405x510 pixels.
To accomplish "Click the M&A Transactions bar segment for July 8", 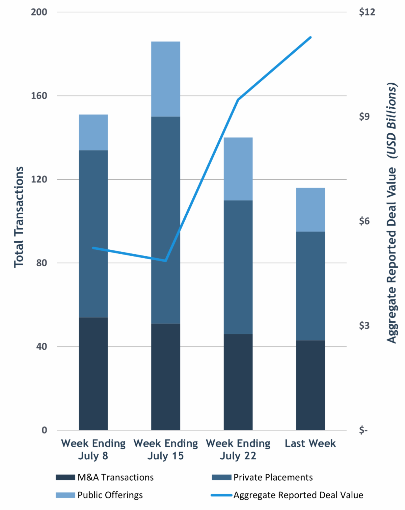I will [x=93, y=374].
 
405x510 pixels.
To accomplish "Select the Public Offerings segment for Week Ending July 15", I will [x=165, y=79].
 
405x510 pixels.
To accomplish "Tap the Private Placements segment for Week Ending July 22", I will [x=238, y=267].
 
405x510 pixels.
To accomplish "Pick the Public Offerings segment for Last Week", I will [x=310, y=210].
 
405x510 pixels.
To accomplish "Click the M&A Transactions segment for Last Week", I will [x=310, y=385].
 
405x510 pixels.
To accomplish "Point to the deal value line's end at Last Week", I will [x=310, y=37].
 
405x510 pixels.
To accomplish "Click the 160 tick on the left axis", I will [x=39, y=96].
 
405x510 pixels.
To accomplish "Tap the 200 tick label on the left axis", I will [x=39, y=12].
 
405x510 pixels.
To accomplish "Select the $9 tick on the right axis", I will [x=364, y=117].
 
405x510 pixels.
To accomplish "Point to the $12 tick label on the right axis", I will [x=367, y=12].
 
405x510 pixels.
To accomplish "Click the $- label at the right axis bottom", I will [x=363, y=430].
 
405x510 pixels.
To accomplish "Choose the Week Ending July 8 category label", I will [x=93, y=449].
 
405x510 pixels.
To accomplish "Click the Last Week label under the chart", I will [x=310, y=443].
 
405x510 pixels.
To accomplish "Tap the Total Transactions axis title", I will [x=19, y=217].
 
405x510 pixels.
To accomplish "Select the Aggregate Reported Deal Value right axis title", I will [x=391, y=213].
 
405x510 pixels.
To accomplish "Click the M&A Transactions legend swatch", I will [x=65, y=477].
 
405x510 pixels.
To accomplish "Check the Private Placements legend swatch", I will [x=221, y=477].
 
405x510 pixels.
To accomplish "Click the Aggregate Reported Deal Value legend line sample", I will [x=221, y=495].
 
